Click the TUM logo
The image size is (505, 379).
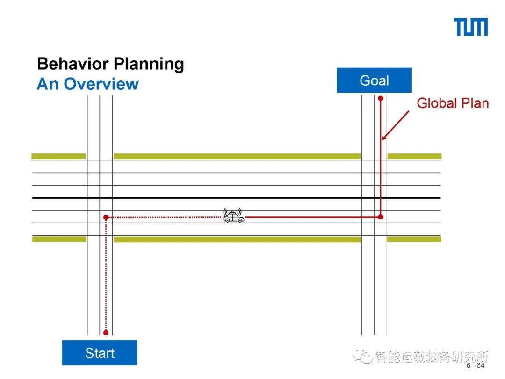point(470,27)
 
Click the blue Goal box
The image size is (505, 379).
point(374,80)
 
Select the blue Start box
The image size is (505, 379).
point(100,353)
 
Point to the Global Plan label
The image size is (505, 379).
point(452,103)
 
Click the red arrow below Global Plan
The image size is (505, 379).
point(395,125)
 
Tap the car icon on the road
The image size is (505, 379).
point(233,216)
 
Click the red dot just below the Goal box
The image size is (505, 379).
point(381,98)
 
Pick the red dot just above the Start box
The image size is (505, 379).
point(106,333)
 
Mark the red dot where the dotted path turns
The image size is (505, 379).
point(106,217)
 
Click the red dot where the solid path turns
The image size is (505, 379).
point(381,217)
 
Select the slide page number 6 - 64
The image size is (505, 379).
point(476,365)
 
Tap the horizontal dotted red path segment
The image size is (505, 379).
point(164,217)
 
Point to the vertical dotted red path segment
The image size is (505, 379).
point(106,276)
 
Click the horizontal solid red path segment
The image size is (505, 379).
point(313,217)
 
